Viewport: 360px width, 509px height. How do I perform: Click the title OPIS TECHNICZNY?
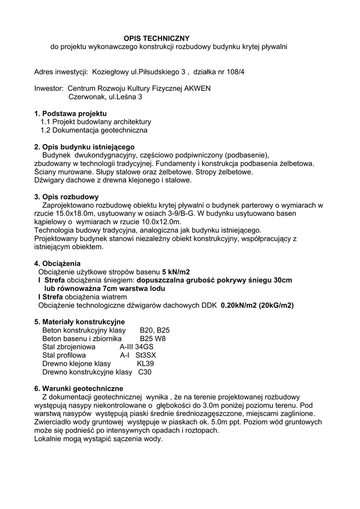click(x=156, y=38)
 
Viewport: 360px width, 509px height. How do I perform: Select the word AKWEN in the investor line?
click(x=197, y=88)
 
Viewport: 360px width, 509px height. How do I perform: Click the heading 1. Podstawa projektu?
click(x=70, y=114)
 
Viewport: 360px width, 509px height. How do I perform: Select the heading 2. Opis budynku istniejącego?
click(x=84, y=147)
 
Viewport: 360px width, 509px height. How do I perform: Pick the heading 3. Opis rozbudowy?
click(x=66, y=196)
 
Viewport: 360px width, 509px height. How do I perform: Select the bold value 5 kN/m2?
click(x=176, y=272)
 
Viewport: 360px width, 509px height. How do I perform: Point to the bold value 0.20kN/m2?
click(x=242, y=305)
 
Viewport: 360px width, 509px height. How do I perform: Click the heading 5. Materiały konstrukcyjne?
click(x=79, y=322)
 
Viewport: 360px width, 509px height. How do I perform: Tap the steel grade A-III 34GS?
click(x=137, y=347)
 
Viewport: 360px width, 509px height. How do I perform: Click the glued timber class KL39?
click(x=145, y=363)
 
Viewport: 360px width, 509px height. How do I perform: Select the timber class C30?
click(x=145, y=372)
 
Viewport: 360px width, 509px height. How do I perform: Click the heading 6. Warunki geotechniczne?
click(x=79, y=389)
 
